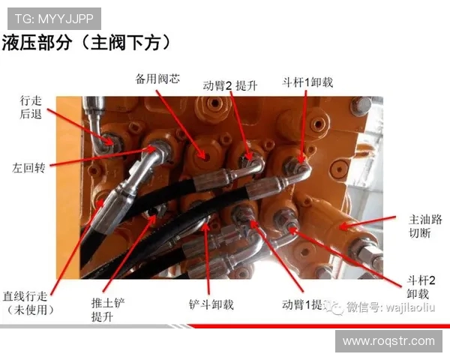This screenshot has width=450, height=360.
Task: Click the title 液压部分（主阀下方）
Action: [x=91, y=42]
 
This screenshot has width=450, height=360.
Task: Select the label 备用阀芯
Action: [x=157, y=78]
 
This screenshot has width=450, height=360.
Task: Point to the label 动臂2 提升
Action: [x=230, y=85]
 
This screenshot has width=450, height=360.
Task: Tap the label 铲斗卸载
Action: [x=211, y=305]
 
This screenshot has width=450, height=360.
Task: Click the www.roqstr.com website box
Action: [x=388, y=340]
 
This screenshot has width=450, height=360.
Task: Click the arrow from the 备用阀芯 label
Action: [x=180, y=121]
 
